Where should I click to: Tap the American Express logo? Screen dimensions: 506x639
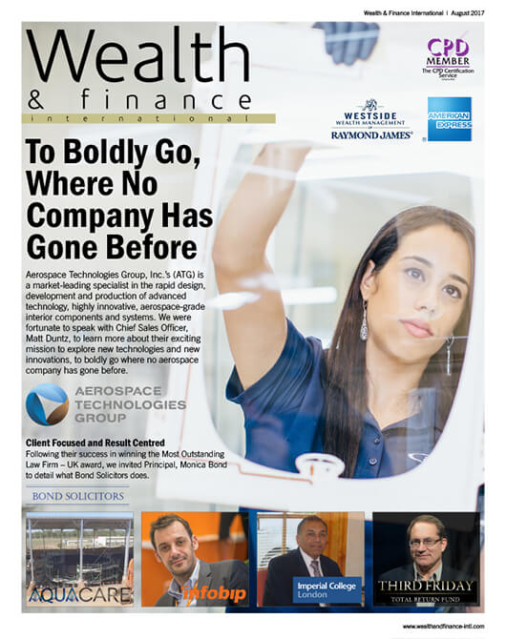point(449,119)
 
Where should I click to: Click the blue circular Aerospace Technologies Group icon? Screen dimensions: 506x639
point(48,403)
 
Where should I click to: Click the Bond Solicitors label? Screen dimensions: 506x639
point(77,497)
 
